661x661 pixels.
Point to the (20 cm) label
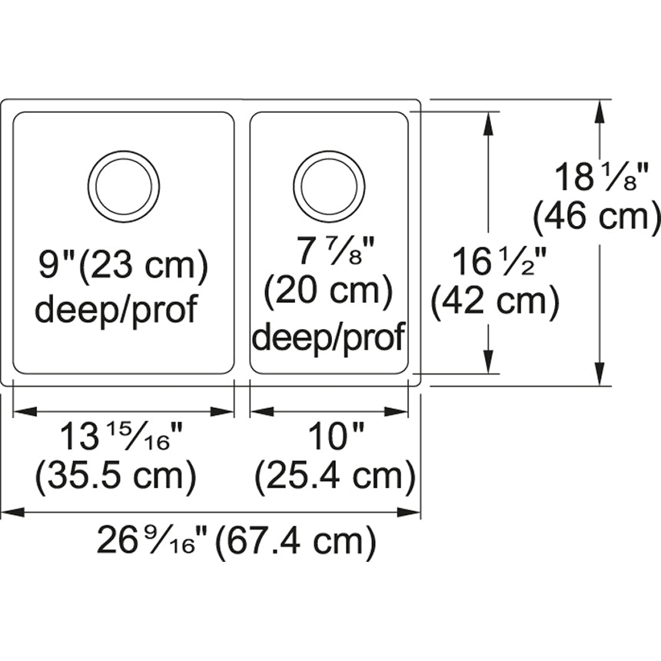coord(328,291)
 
